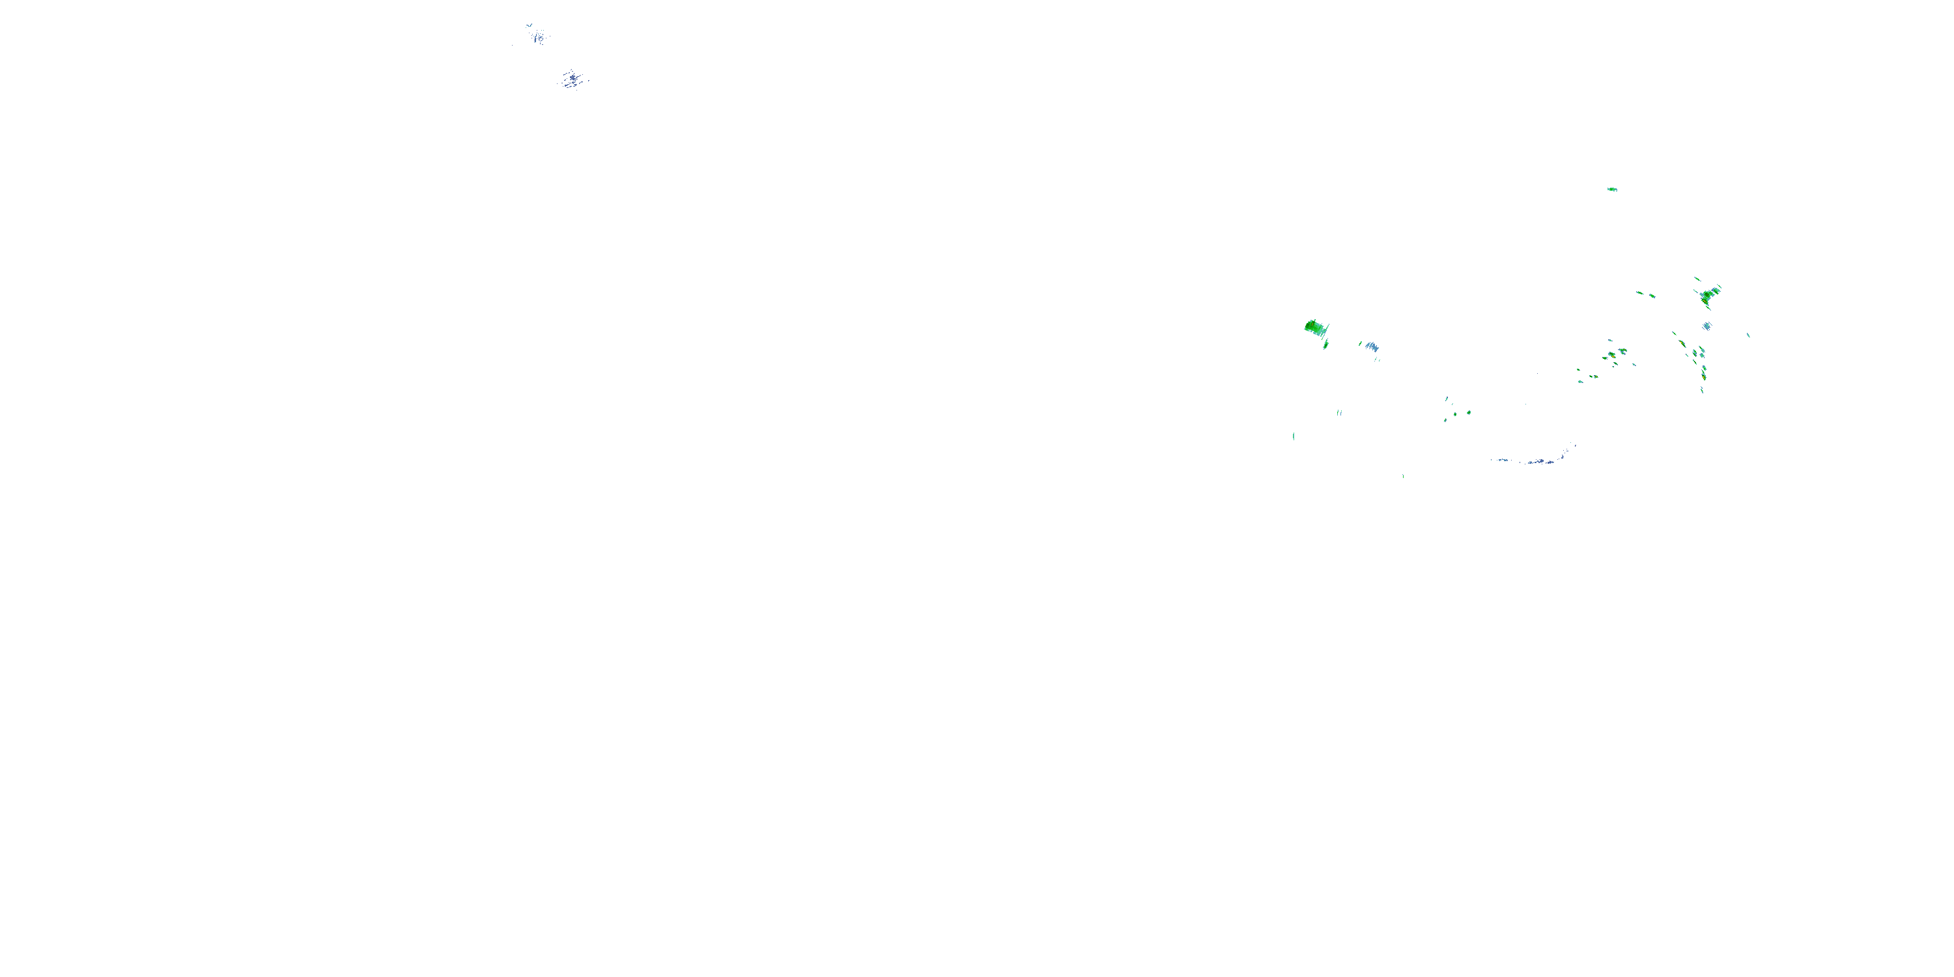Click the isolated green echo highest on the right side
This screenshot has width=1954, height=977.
pyautogui.click(x=1612, y=189)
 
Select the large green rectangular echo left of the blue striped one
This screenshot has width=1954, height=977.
pyautogui.click(x=1315, y=328)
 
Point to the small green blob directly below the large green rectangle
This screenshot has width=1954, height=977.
pyautogui.click(x=1326, y=345)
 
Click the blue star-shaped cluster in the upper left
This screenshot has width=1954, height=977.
pyautogui.click(x=573, y=78)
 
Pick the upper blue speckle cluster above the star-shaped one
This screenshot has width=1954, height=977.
pyautogui.click(x=538, y=36)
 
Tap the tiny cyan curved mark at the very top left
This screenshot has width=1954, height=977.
pyautogui.click(x=529, y=25)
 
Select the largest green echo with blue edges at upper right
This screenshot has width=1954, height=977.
pyautogui.click(x=1709, y=294)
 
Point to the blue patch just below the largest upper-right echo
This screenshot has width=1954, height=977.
pyautogui.click(x=1706, y=326)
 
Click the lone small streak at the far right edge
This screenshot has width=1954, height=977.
pyautogui.click(x=1748, y=335)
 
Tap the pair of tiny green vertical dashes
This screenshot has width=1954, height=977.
pyautogui.click(x=1340, y=413)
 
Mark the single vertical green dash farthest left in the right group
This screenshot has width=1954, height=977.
pyautogui.click(x=1294, y=436)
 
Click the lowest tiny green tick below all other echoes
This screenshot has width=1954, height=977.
pyautogui.click(x=1402, y=475)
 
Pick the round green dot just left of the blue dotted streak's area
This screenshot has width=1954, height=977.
pyautogui.click(x=1469, y=413)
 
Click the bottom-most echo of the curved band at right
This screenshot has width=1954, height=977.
pyautogui.click(x=1702, y=390)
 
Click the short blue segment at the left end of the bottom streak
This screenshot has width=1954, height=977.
pyautogui.click(x=1499, y=460)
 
